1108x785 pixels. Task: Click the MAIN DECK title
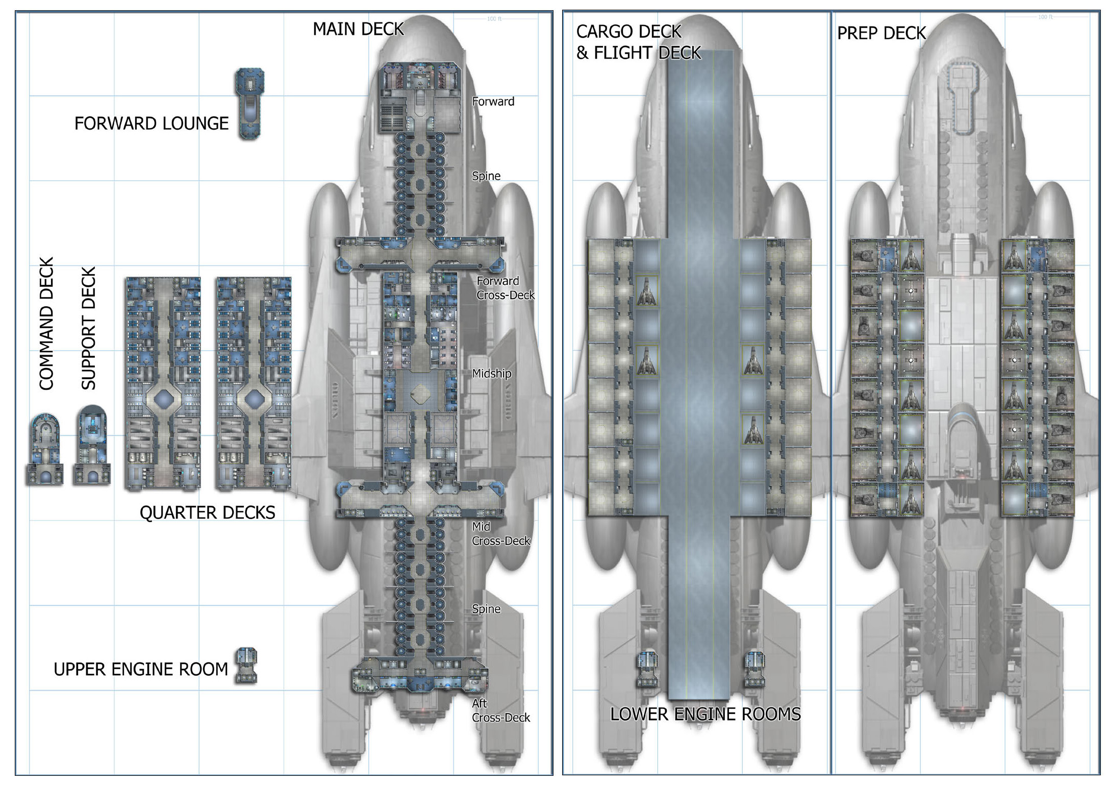tap(358, 29)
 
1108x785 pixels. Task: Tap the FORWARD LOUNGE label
tap(152, 124)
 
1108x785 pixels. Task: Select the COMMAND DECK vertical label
tap(46, 324)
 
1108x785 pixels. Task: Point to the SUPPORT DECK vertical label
tap(89, 328)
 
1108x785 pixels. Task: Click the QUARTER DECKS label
tap(207, 512)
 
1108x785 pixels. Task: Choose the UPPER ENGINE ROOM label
tap(141, 669)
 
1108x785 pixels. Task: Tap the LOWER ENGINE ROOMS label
tap(706, 714)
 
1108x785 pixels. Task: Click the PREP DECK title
tap(881, 33)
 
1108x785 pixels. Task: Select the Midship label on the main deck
tap(491, 373)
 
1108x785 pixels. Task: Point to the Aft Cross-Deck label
tap(500, 710)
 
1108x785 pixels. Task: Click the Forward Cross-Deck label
tap(505, 288)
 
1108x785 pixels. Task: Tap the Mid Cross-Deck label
tap(500, 533)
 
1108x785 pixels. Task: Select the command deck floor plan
tap(45, 449)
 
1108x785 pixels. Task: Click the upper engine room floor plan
tap(246, 666)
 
